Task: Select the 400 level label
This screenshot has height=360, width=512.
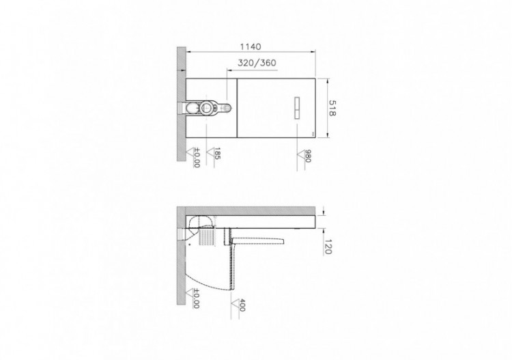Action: [x=241, y=305]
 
